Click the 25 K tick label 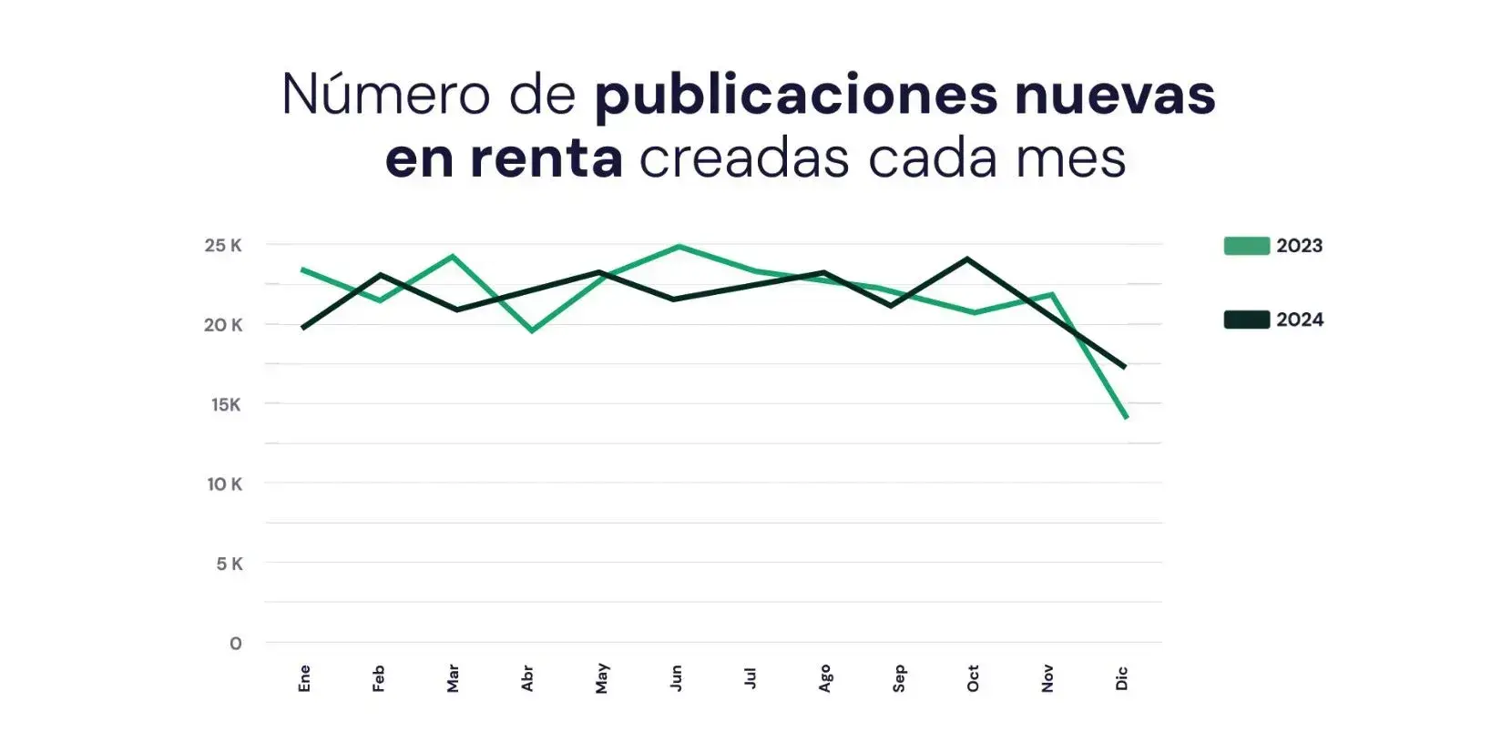click(223, 245)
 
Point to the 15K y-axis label click(226, 404)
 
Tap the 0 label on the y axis click(236, 644)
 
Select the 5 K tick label click(230, 564)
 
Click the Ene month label click(304, 678)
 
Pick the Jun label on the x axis click(676, 678)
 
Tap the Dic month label click(1122, 678)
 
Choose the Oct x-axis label click(973, 678)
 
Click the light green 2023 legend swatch click(1246, 246)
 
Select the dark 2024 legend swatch click(1246, 320)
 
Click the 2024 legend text click(1300, 320)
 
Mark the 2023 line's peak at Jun click(678, 247)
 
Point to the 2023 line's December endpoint click(1126, 417)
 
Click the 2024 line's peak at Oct click(967, 259)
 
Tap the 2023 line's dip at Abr click(532, 330)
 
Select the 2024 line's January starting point click(303, 327)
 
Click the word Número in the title click(386, 94)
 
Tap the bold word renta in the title click(547, 158)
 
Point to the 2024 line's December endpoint click(1125, 366)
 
